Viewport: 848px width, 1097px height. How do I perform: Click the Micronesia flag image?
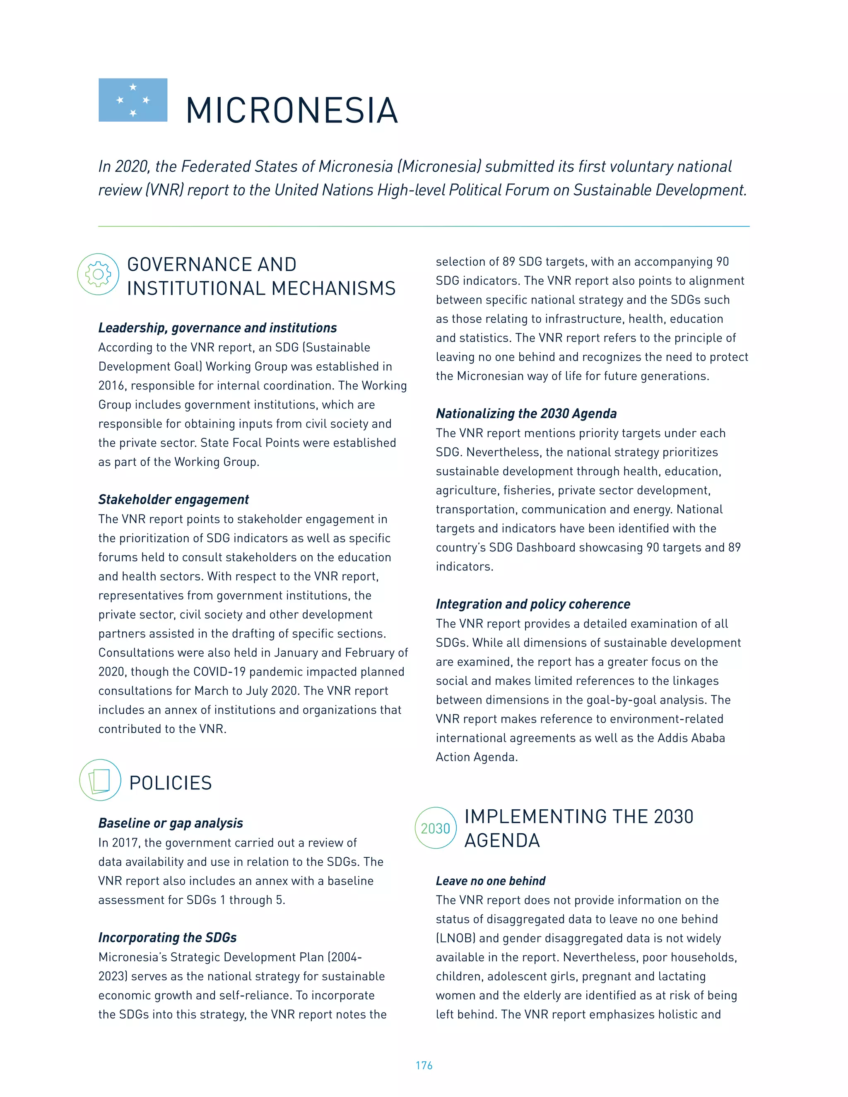[x=132, y=100]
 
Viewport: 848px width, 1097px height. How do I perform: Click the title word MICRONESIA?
[x=292, y=111]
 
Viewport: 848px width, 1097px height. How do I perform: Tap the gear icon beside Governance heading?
[x=98, y=274]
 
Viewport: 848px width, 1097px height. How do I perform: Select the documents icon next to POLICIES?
[x=100, y=780]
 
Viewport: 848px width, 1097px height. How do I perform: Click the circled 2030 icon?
[x=435, y=828]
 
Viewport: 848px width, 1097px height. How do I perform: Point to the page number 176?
[x=424, y=1066]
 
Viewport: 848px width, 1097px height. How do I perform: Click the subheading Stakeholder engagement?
[x=173, y=499]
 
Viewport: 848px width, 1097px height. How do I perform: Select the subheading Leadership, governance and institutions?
[x=217, y=328]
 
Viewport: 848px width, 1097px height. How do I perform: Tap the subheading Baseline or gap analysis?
[x=170, y=823]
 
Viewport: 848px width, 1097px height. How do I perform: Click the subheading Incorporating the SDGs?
[x=167, y=938]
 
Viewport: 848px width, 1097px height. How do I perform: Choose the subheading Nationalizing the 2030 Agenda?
[x=526, y=414]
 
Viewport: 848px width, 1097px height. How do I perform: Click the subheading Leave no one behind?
[x=490, y=881]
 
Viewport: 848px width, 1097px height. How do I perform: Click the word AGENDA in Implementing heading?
[x=502, y=841]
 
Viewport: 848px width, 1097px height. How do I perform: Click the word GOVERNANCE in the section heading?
[x=212, y=265]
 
